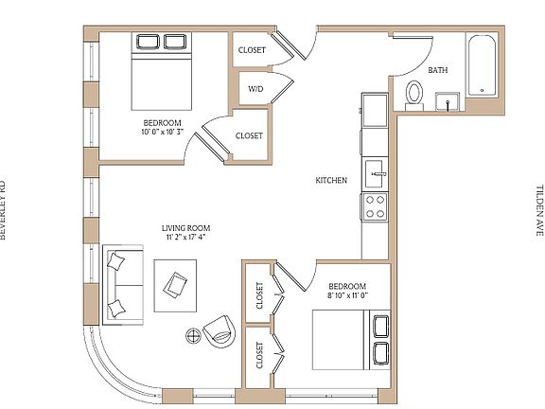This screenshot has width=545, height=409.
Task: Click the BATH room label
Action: click(x=438, y=71)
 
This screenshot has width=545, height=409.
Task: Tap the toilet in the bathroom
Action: click(x=413, y=94)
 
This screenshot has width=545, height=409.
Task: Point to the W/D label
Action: click(x=255, y=89)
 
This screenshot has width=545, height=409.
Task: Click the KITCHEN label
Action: click(x=331, y=181)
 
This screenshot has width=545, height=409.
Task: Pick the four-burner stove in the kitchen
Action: click(x=375, y=206)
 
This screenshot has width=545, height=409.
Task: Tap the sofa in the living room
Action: click(x=123, y=284)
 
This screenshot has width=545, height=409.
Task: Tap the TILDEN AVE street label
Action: click(x=540, y=210)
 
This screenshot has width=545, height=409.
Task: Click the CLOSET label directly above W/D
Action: click(x=252, y=50)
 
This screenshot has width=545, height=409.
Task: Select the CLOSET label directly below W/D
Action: click(x=249, y=136)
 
